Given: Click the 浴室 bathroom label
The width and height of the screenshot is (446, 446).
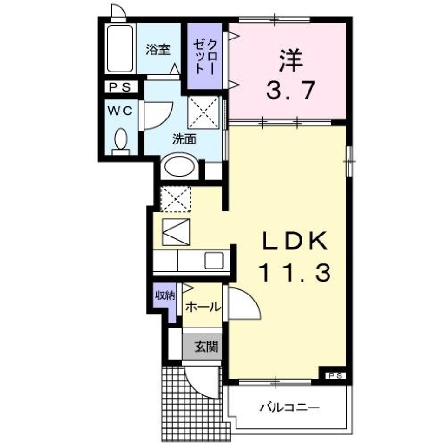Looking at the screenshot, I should point(158,50).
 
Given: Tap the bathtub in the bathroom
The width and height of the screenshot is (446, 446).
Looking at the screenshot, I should point(120,48).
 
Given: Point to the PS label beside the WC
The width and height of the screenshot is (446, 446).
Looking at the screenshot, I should point(120,87).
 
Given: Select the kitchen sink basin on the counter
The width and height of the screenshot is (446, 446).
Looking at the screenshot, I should point(214,260).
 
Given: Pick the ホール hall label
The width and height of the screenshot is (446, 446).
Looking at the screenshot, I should point(203,307).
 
